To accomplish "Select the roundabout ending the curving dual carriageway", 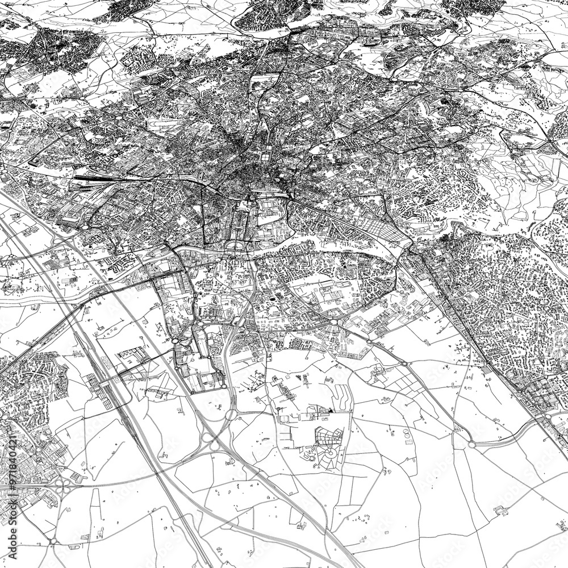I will pos(471,445).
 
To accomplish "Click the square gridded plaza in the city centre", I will pos(265,154).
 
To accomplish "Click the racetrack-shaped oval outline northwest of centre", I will pos(165,122).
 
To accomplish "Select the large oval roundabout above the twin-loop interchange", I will pos(231,414).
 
